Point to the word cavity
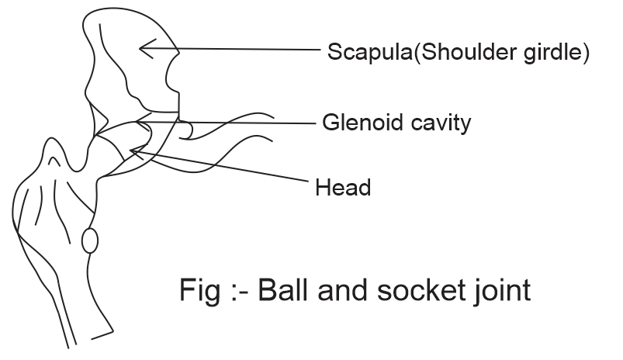pyautogui.click(x=438, y=123)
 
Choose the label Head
pyautogui.click(x=342, y=187)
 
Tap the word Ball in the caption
pyautogui.click(x=282, y=290)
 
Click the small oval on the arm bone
pyautogui.click(x=90, y=240)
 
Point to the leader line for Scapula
pyautogui.click(x=233, y=49)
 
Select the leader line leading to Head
pyautogui.click(x=225, y=167)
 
